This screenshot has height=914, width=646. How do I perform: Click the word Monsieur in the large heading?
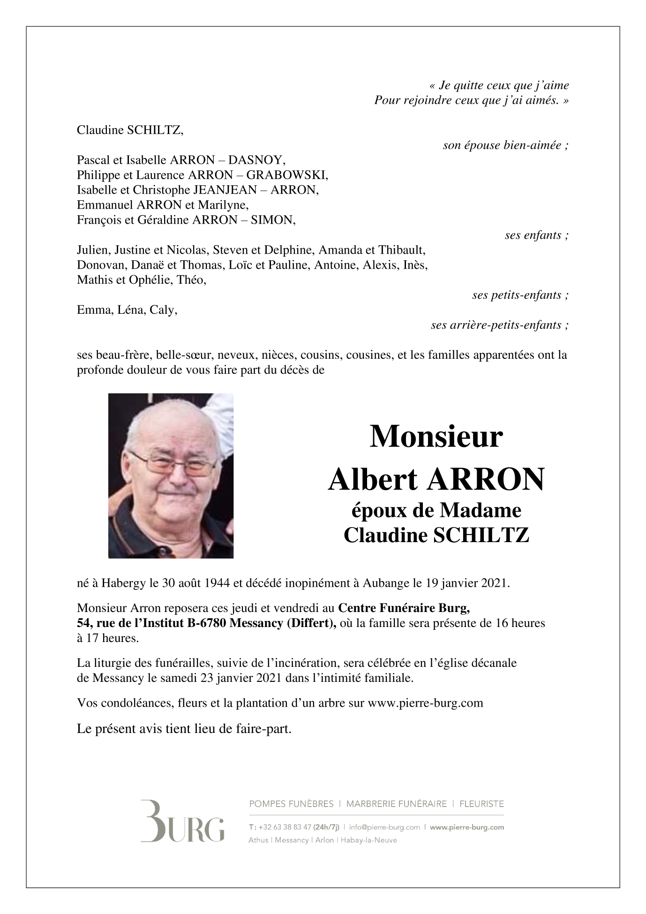436,437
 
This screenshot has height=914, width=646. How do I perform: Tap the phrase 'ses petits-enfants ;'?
520,295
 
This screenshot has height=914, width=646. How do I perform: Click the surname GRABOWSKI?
287,175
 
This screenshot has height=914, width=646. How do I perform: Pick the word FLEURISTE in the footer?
481,804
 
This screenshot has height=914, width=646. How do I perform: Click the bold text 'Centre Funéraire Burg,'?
404,608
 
